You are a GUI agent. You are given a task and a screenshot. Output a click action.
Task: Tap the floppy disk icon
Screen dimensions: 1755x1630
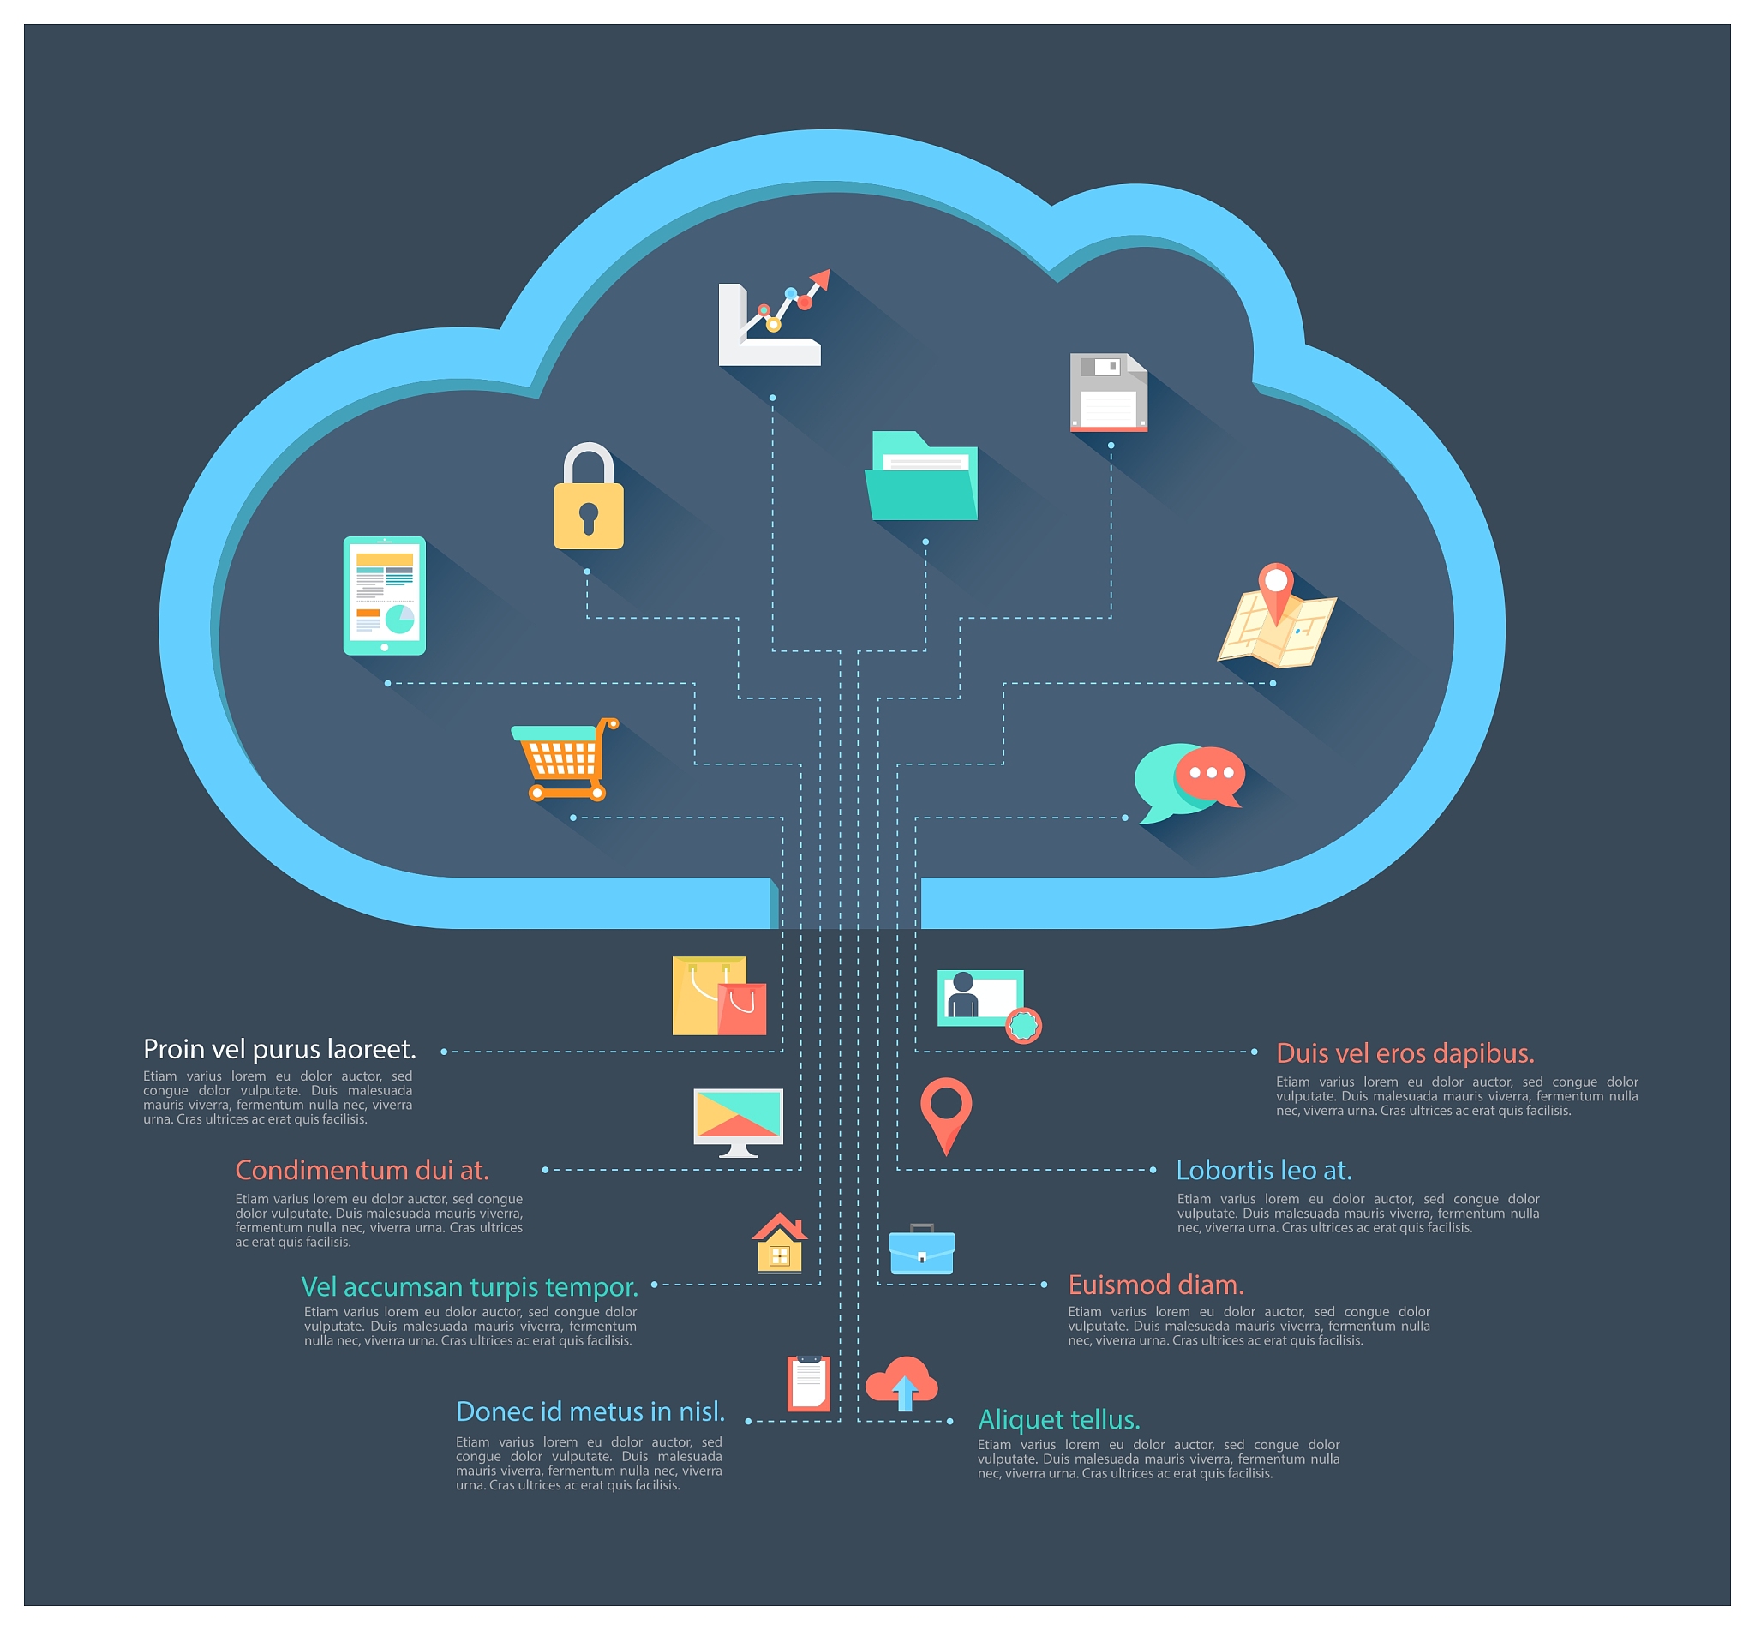point(1109,392)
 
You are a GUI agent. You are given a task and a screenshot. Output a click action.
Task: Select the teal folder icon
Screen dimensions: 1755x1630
point(921,476)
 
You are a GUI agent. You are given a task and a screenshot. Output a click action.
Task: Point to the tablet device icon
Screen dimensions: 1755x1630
point(385,596)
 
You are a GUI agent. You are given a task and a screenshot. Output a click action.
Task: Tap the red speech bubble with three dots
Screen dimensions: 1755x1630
point(1210,775)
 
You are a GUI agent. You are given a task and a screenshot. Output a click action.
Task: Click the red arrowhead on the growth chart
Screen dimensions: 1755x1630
point(820,279)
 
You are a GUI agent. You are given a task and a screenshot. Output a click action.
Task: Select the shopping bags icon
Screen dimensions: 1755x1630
point(719,995)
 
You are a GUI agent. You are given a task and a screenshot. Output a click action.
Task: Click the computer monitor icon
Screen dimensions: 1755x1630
point(738,1122)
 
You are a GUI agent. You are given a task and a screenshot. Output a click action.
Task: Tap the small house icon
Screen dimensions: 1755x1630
point(780,1243)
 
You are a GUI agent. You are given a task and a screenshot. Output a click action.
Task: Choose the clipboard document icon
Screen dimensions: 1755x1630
point(809,1383)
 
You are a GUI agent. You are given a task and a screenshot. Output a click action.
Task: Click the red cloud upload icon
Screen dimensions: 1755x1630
point(901,1383)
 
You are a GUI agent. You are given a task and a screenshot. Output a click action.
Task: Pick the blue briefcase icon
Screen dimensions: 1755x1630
point(921,1249)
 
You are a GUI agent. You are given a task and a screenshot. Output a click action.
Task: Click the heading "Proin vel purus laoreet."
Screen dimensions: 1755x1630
point(279,1049)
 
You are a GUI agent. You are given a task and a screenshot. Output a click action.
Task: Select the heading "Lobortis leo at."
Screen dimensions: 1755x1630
point(1264,1170)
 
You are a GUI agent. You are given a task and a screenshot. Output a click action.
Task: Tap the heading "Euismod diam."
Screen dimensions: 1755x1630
point(1156,1285)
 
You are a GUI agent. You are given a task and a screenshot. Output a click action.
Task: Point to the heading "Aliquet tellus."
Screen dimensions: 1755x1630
point(1059,1419)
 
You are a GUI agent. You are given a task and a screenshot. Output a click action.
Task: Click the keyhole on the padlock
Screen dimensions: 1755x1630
point(588,518)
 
